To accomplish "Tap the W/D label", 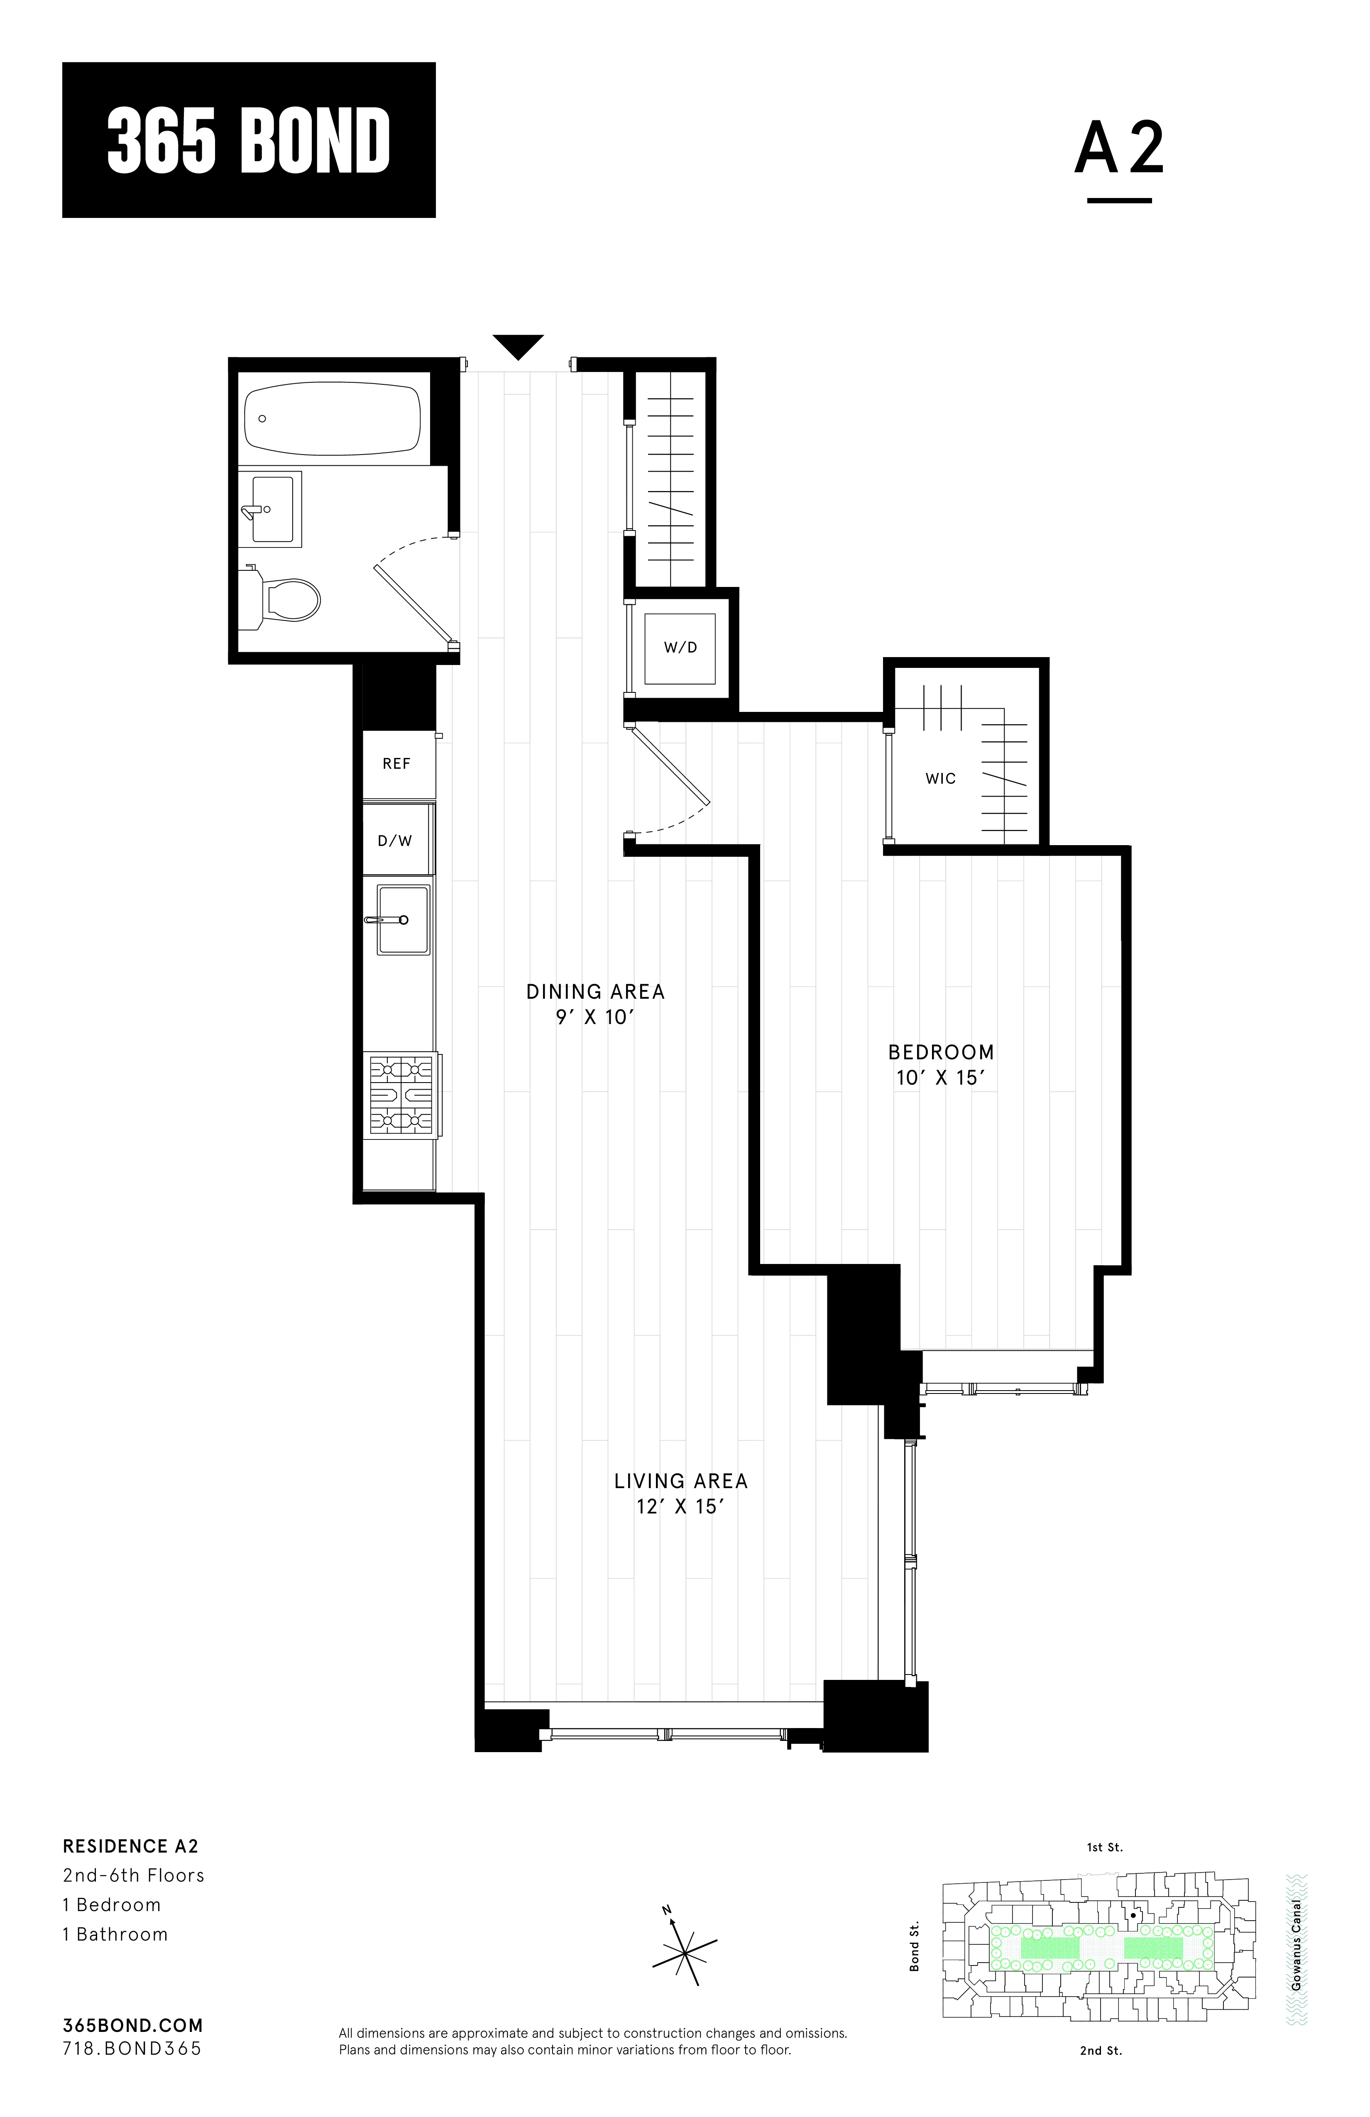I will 680,648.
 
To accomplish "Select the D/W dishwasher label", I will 395,841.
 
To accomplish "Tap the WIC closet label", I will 940,778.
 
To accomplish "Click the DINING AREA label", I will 595,991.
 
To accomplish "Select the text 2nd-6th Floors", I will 133,1875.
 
